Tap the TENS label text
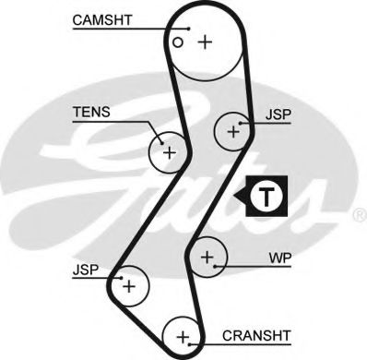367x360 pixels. point(91,113)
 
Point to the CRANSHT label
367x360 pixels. point(256,336)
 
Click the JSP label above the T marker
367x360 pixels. point(278,116)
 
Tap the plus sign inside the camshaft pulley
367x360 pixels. point(204,41)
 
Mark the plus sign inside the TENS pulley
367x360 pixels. point(169,150)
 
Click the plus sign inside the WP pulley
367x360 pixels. point(208,256)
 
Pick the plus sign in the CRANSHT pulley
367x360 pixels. point(183,335)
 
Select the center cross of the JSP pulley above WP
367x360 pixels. point(233,132)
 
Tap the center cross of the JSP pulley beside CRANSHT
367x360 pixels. point(129,287)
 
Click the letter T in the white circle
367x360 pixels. point(266,196)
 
